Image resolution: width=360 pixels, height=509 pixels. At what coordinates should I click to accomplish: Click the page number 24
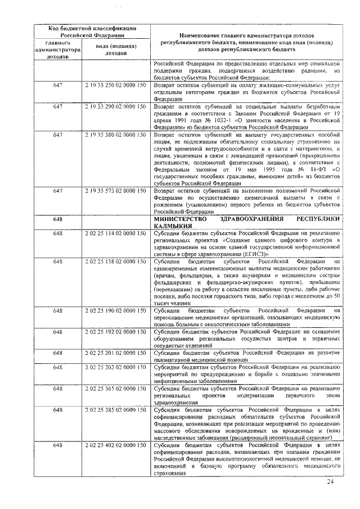pos(330,482)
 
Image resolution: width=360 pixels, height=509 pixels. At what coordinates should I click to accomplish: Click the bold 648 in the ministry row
pos(58,219)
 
